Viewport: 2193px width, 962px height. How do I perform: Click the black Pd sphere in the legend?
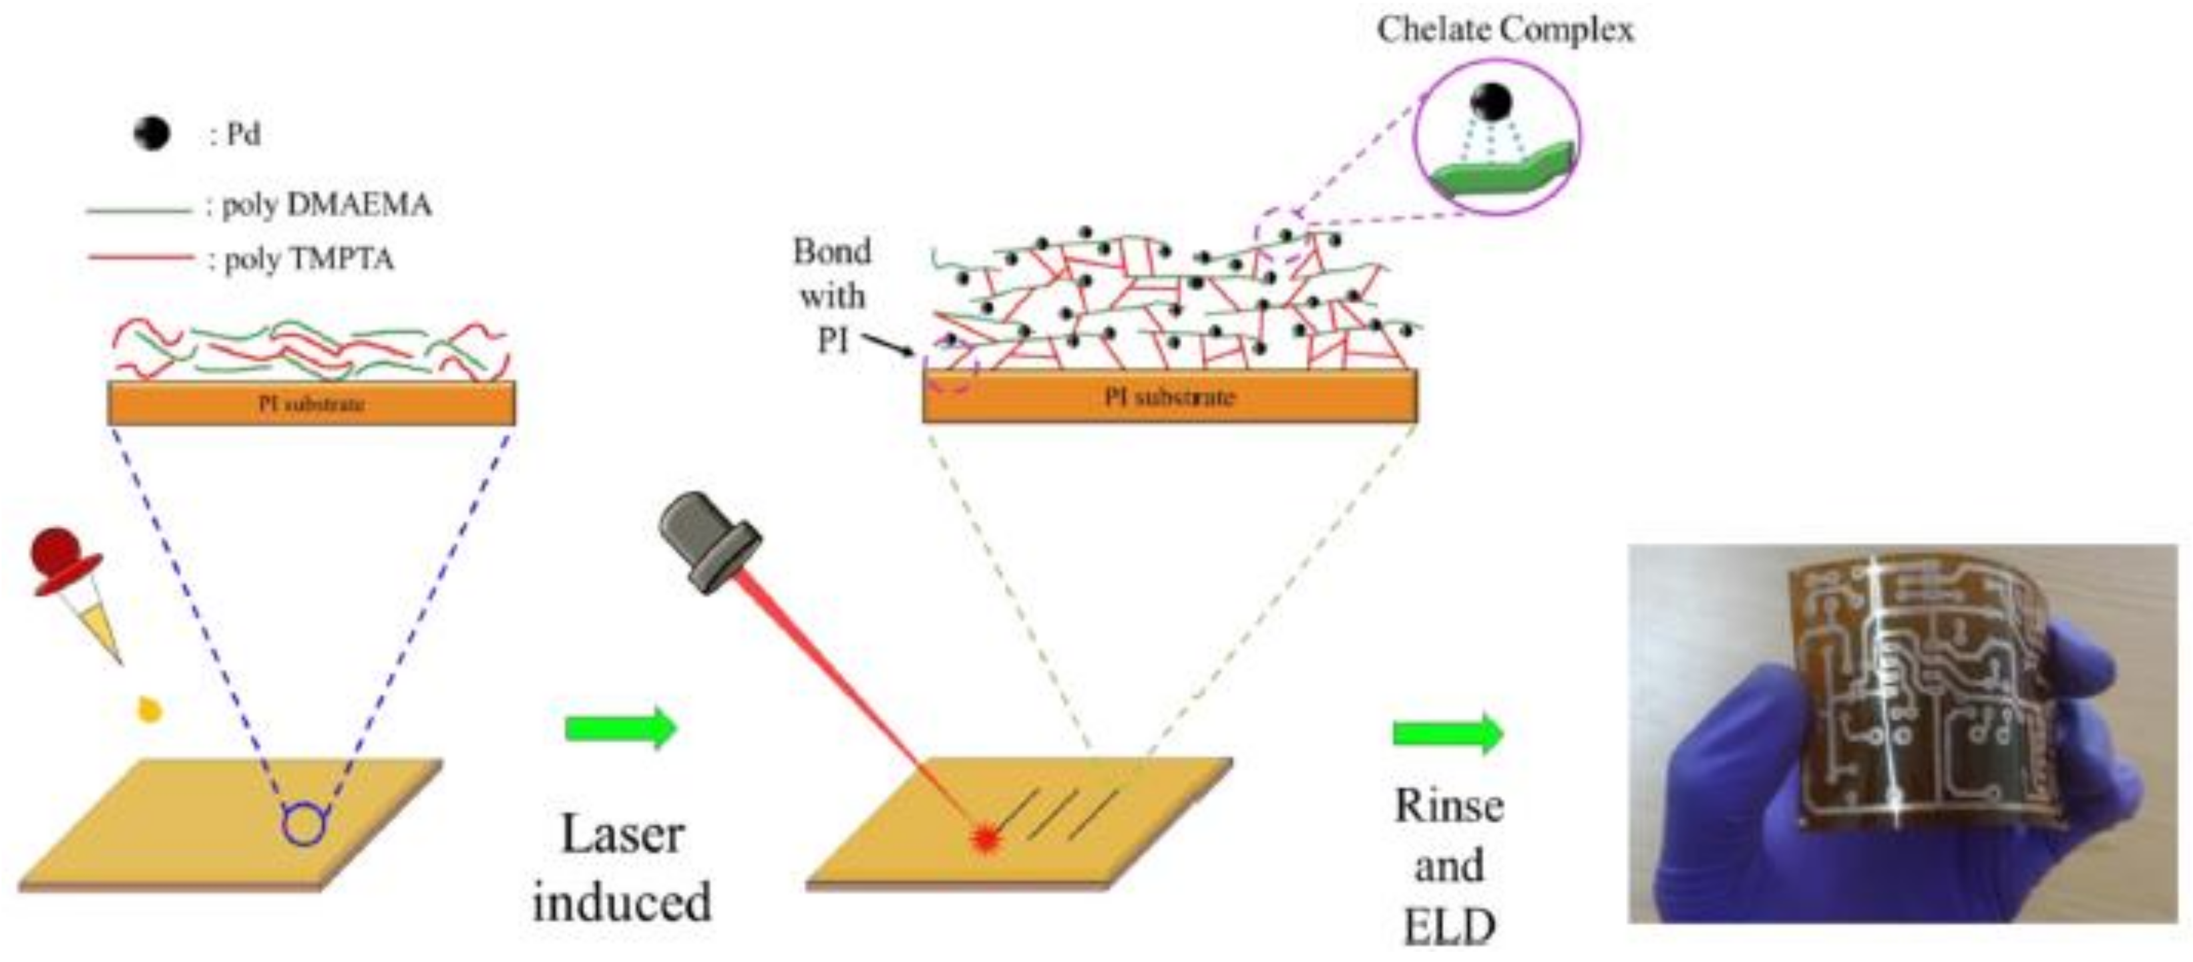click(x=152, y=134)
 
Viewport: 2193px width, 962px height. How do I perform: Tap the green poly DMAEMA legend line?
click(x=139, y=209)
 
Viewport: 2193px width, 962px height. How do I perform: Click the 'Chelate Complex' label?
click(x=1505, y=30)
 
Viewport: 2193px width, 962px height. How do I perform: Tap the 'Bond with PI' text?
click(x=832, y=295)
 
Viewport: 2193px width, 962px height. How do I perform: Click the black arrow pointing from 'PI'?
click(x=889, y=344)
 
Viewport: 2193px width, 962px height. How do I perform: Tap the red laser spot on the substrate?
click(x=985, y=838)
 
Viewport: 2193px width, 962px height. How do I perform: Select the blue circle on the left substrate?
click(x=304, y=824)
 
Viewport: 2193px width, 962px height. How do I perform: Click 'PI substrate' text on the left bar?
click(x=312, y=404)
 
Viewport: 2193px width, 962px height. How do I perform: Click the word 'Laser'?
click(x=622, y=835)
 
